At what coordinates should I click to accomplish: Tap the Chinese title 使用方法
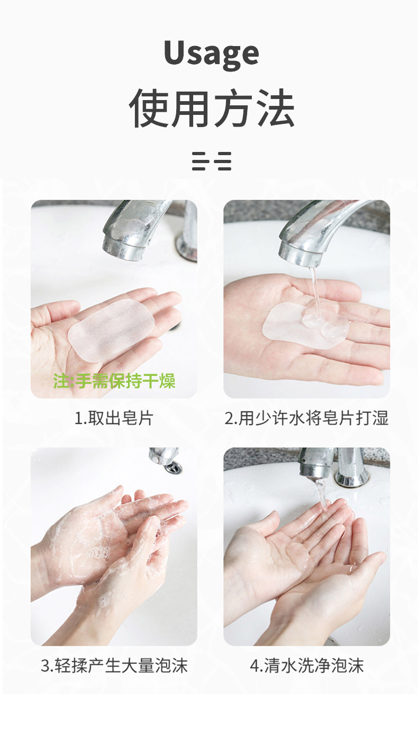[x=212, y=108]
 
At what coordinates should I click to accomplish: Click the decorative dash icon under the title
[x=212, y=161]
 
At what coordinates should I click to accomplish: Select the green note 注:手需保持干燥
[x=114, y=381]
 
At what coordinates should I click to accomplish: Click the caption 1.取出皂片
[x=114, y=418]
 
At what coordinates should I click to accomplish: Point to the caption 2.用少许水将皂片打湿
[x=306, y=418]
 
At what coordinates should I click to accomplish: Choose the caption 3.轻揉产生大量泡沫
[x=114, y=666]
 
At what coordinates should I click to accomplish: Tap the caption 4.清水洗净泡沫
[x=306, y=666]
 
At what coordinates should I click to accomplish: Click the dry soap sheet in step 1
[x=112, y=330]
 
